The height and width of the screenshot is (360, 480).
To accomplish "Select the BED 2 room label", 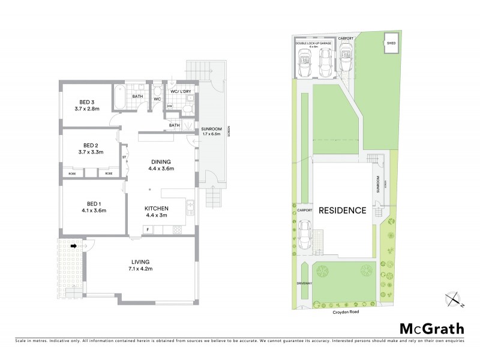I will pyautogui.click(x=91, y=145).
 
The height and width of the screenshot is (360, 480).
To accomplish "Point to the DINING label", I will pyautogui.click(x=160, y=161).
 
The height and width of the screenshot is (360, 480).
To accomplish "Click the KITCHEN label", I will pyautogui.click(x=156, y=208).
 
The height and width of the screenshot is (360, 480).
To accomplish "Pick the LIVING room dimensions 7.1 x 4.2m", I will pyautogui.click(x=140, y=269).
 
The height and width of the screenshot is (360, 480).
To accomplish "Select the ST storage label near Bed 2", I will pyautogui.click(x=124, y=158).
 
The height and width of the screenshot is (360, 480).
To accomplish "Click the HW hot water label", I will pyautogui.click(x=170, y=106).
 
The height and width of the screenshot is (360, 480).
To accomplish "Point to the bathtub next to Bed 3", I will pyautogui.click(x=118, y=97).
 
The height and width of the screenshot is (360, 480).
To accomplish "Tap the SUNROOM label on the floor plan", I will pyautogui.click(x=211, y=129).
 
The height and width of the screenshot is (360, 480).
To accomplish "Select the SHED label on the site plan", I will pyautogui.click(x=391, y=43).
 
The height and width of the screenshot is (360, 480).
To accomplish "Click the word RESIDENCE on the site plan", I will pyautogui.click(x=342, y=211).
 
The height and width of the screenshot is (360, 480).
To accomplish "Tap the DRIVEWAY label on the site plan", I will pyautogui.click(x=304, y=283).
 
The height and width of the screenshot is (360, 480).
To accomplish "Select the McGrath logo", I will pyautogui.click(x=431, y=328).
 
